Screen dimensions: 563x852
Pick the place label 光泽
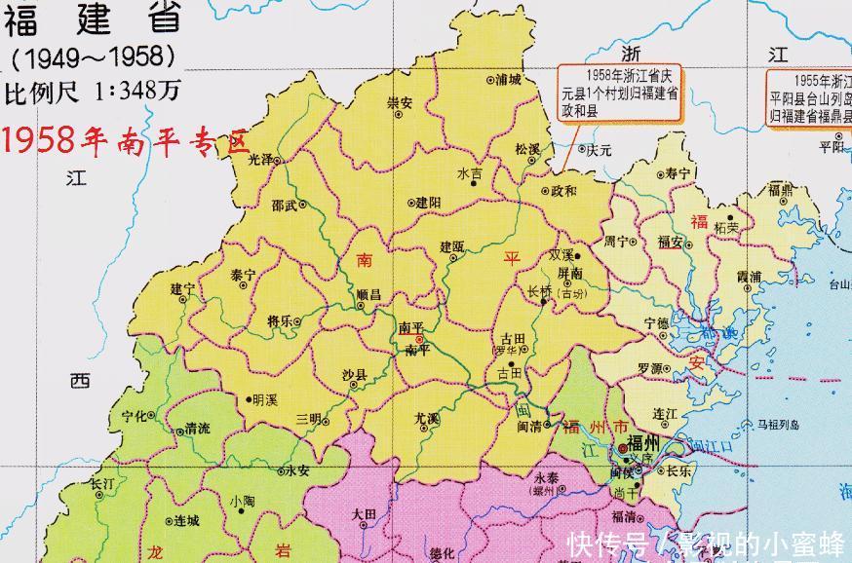260,158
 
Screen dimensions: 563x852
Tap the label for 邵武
285,206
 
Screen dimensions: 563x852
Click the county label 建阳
429,203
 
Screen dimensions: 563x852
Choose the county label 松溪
527,149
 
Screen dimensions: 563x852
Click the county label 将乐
280,321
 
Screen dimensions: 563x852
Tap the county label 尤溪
426,418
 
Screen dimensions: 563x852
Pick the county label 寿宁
678,173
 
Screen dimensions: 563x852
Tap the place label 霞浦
749,277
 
